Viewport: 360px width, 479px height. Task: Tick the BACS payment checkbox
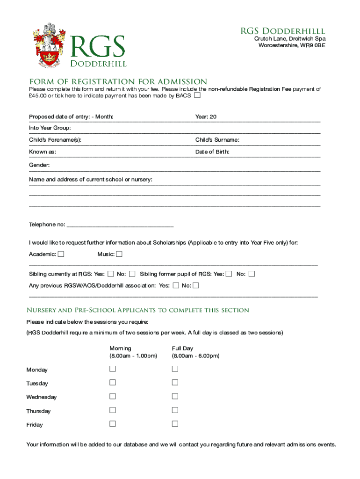coord(197,96)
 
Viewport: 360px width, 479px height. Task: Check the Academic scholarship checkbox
coord(61,254)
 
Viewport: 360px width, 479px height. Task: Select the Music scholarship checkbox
coord(119,254)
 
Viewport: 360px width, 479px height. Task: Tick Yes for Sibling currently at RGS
coord(111,274)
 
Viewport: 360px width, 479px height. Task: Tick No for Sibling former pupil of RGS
coord(252,274)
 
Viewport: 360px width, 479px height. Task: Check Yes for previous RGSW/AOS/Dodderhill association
coord(176,285)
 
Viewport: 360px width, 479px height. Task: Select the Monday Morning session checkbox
coord(113,369)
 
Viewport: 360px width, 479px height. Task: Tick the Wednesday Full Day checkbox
coord(175,396)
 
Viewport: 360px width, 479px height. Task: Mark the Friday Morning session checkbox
coord(113,424)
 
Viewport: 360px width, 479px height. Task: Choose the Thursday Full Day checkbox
coord(175,410)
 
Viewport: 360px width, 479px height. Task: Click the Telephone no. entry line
coord(120,225)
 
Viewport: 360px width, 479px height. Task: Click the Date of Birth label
coord(212,152)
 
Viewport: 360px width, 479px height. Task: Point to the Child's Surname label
coord(217,140)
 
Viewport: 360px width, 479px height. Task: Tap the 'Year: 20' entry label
coord(206,116)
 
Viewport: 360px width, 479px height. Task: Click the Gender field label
coord(39,165)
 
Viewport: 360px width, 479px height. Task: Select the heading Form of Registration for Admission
coord(118,81)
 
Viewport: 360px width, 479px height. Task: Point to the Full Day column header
coord(182,348)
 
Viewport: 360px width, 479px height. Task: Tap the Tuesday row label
coord(37,384)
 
